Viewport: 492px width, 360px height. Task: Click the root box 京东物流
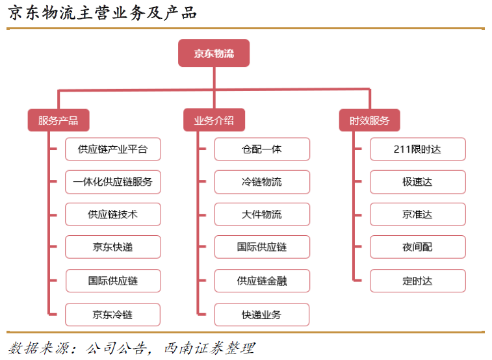coord(214,53)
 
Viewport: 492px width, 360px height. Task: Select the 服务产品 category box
coord(58,120)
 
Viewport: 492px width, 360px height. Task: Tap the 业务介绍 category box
coord(214,120)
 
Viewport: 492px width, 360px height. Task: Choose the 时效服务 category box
coord(370,120)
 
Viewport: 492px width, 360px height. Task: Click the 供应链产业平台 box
coord(113,149)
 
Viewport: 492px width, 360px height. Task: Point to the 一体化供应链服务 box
coord(113,182)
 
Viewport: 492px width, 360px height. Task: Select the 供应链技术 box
coord(113,214)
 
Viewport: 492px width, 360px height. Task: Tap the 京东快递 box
coord(113,247)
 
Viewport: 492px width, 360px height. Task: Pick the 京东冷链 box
coord(113,315)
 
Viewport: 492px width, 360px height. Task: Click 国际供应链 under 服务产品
coord(113,281)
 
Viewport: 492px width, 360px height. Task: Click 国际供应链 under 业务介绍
coord(262,247)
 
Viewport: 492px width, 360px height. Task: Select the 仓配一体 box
coord(262,149)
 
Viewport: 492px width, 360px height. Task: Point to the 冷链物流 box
coord(262,182)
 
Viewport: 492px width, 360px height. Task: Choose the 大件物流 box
coord(262,214)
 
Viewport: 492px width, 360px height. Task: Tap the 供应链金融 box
coord(262,281)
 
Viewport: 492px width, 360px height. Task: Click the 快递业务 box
coord(262,315)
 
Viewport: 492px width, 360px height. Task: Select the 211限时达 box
coord(418,149)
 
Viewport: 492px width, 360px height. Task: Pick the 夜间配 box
coord(418,247)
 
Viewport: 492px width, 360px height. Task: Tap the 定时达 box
coord(418,281)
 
